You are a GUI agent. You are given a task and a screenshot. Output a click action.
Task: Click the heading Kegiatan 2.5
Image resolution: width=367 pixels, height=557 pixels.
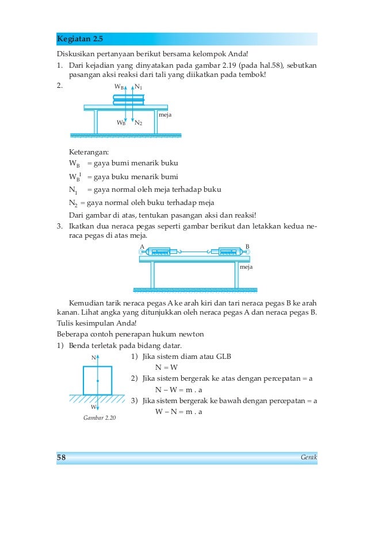point(80,38)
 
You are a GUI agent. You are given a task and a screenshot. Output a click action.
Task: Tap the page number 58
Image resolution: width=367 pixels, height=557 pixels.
point(61,457)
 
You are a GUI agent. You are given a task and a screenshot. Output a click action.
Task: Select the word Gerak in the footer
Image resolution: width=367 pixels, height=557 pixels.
point(309,457)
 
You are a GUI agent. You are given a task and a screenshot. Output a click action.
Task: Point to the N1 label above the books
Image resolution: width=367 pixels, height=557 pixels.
point(139,87)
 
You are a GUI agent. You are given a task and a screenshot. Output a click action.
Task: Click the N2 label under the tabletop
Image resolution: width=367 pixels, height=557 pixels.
point(139,123)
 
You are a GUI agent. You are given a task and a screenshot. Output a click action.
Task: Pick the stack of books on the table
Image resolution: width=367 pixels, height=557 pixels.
point(129,100)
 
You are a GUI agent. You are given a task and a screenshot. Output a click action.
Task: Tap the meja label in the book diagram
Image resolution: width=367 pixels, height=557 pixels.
point(165,115)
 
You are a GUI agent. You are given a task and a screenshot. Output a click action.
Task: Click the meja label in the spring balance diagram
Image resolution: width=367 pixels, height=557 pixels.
point(246,267)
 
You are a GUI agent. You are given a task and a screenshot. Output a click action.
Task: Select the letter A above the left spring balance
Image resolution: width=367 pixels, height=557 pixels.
point(142,246)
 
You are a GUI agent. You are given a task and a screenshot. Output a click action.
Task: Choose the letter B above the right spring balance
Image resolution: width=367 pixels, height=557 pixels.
point(247,246)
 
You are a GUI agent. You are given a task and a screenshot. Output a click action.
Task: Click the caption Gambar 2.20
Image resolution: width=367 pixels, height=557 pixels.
point(100,418)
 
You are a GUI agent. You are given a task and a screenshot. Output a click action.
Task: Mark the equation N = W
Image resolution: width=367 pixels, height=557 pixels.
point(166,368)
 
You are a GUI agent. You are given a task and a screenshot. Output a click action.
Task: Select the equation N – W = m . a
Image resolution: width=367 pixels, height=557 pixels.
point(179,390)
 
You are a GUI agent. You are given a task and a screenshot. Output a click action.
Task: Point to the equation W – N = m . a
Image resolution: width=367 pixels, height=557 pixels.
point(179,412)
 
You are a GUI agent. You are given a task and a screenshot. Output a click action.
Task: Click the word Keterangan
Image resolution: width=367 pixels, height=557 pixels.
point(89,152)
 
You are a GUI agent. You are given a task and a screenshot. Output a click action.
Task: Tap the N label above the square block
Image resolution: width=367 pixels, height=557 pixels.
point(94,358)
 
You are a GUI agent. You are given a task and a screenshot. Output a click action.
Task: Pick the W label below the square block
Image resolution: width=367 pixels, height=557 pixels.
point(94,407)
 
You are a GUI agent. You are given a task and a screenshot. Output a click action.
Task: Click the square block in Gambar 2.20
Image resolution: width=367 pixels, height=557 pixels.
point(98,381)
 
